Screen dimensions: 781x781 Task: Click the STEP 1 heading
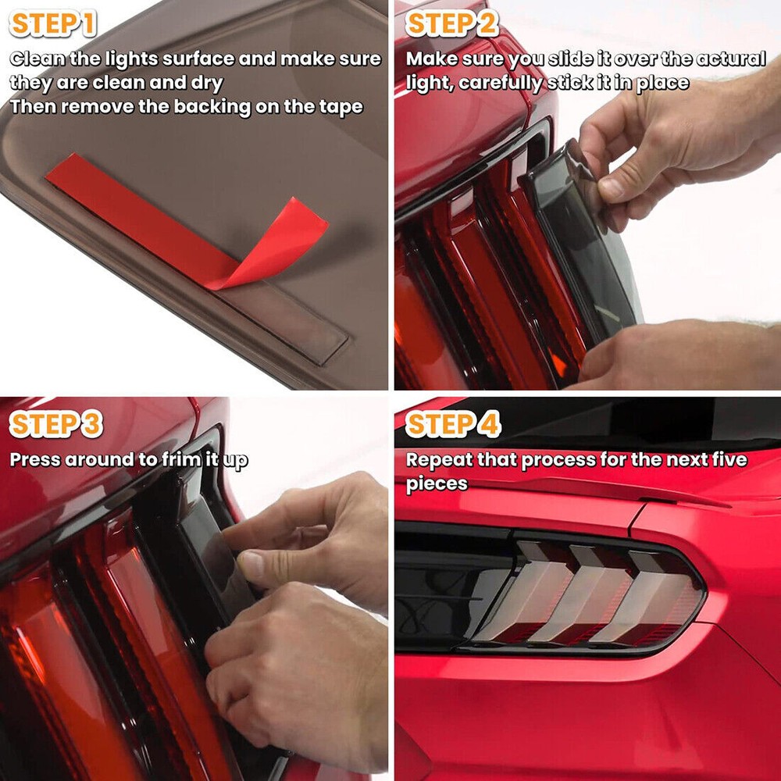point(53,24)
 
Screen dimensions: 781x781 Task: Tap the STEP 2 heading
point(451,24)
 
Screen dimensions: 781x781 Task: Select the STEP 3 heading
point(55,424)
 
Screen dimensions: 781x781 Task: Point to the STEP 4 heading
point(453,424)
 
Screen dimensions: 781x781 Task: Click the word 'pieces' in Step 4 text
point(437,484)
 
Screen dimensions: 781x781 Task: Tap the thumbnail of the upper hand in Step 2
point(612,188)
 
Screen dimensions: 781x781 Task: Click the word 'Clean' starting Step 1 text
point(37,59)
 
